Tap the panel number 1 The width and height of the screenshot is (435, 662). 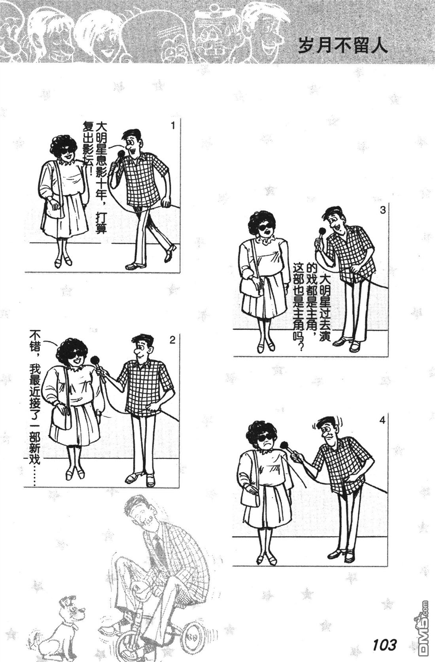click(173, 126)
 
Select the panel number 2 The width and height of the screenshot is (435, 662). click(172, 340)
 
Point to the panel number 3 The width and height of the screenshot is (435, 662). click(383, 211)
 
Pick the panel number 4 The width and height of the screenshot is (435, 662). click(383, 420)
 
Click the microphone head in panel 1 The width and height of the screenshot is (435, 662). click(121, 154)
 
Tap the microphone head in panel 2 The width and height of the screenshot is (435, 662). click(95, 360)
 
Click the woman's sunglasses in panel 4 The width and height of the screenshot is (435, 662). click(264, 438)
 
